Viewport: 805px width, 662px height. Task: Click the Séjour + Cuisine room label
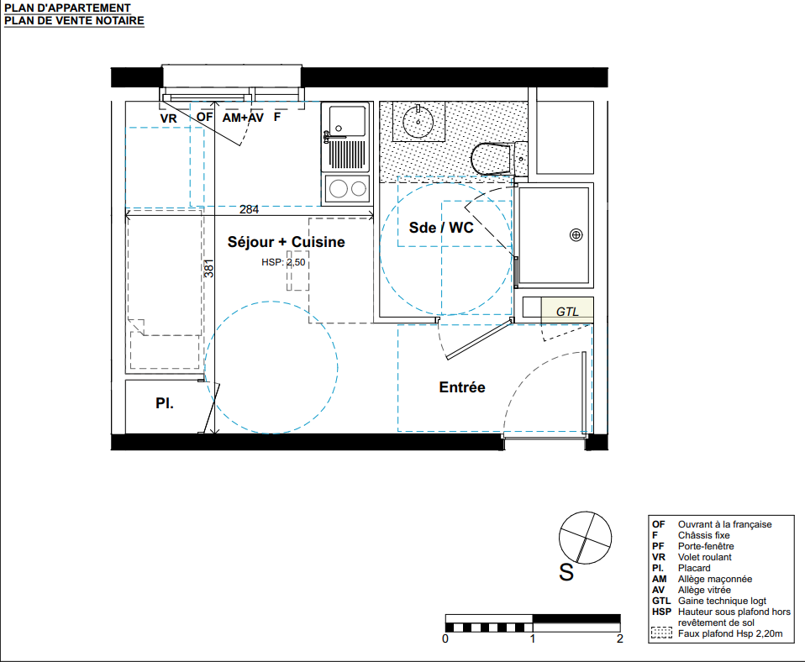[x=286, y=242]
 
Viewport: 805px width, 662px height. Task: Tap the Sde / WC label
[x=441, y=228]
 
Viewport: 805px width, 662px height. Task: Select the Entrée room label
[x=462, y=387]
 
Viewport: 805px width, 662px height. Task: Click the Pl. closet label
[x=165, y=403]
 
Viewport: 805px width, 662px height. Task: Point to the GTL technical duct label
[x=567, y=312]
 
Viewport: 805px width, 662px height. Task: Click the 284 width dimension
[x=249, y=209]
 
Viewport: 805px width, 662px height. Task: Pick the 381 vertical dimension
[x=208, y=268]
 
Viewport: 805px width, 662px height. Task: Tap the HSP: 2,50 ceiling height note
[x=283, y=262]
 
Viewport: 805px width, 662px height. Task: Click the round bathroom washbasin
[x=418, y=122]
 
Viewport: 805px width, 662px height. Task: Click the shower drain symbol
[x=576, y=235]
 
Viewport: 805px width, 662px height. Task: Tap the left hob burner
[x=339, y=188]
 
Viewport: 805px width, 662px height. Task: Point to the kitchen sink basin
[x=347, y=121]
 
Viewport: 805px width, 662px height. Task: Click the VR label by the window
[x=168, y=118]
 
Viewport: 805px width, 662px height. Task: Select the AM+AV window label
[x=243, y=118]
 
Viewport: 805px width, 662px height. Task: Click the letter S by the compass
[x=566, y=572]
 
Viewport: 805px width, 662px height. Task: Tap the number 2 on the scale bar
[x=619, y=639]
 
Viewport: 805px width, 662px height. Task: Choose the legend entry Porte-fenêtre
[x=706, y=546]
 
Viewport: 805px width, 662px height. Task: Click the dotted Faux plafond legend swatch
[x=661, y=633]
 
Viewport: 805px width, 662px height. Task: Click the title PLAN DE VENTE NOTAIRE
[x=74, y=20]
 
